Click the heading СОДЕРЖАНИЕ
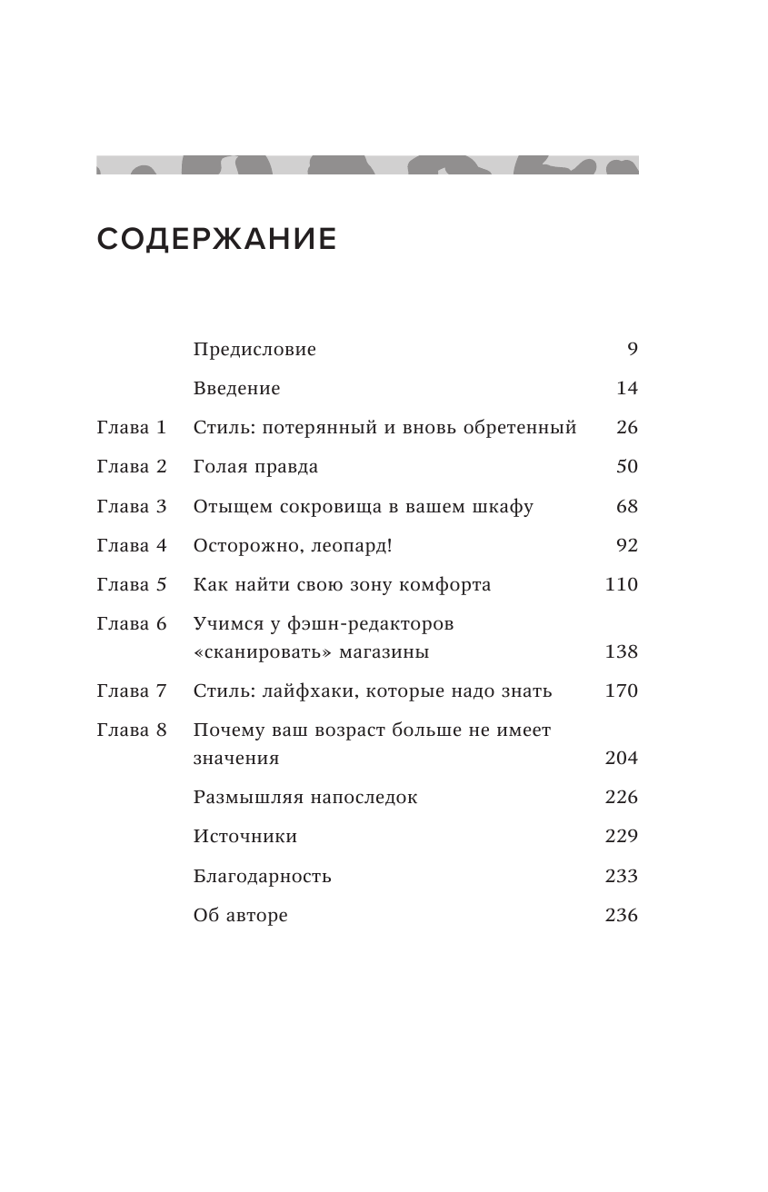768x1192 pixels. coord(216,240)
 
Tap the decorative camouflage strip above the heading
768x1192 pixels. coord(367,165)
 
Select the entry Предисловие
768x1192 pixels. coord(254,350)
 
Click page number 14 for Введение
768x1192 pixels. coord(627,389)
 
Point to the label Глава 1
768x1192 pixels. coord(132,428)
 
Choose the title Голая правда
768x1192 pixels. coord(255,467)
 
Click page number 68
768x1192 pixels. coord(627,507)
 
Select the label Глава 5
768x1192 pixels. coord(132,585)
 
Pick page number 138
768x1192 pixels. coord(622,652)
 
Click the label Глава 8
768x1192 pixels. coord(132,730)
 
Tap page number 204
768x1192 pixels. coord(622,759)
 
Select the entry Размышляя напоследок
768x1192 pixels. coord(305,798)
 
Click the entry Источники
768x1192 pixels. coord(245,837)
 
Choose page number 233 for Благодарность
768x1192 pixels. coord(622,877)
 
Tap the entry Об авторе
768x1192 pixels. coord(241,916)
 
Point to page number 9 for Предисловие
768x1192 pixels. coord(633,350)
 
